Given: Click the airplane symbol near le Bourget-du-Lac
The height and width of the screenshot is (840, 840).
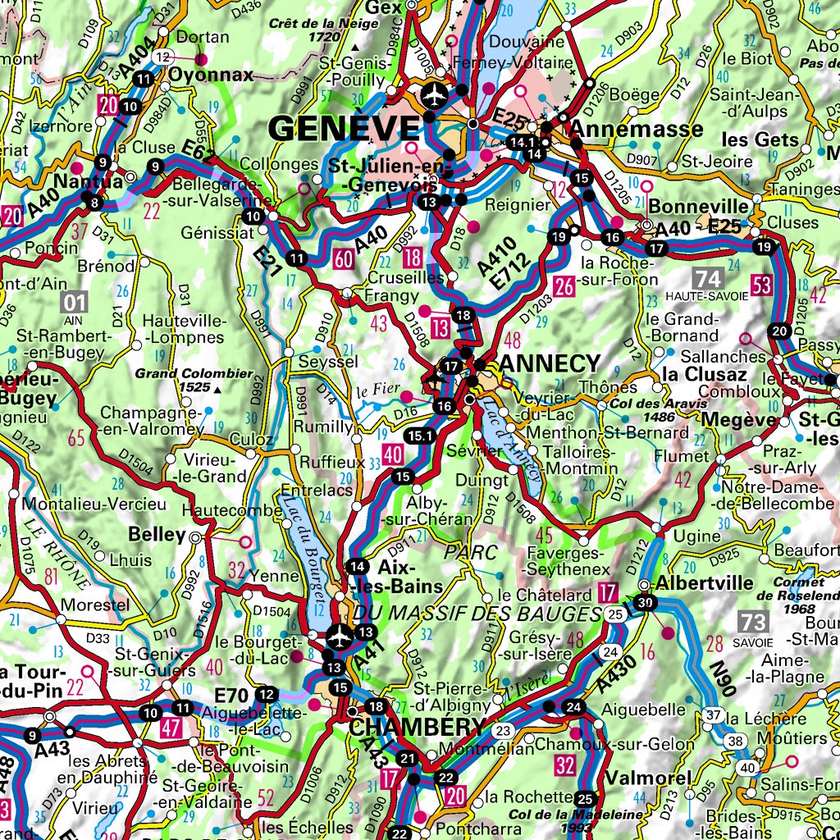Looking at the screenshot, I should click(339, 635).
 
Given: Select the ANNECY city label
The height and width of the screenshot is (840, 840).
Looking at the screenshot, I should click(550, 363).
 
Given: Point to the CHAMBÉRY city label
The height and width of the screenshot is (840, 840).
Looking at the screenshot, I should click(417, 728).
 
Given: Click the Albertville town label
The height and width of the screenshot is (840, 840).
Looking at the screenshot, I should click(705, 583).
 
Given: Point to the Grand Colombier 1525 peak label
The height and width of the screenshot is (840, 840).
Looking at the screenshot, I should click(184, 379).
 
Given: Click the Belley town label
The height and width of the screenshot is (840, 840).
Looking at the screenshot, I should click(157, 535).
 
